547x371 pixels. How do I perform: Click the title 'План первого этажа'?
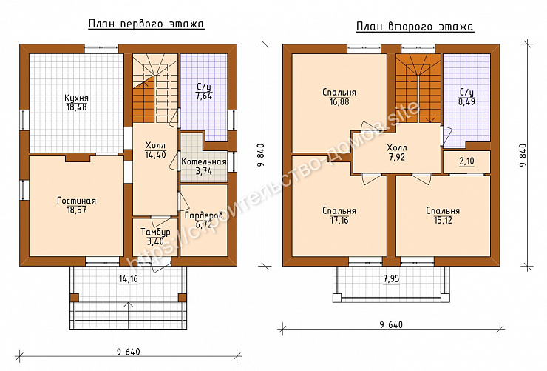point(146,24)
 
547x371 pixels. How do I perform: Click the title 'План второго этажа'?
point(415,27)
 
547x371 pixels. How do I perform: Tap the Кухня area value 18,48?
point(76,107)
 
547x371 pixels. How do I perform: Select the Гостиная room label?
point(76,201)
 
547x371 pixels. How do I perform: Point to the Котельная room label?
point(204,161)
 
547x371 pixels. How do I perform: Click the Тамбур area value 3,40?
point(155,241)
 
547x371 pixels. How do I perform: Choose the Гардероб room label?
point(204,215)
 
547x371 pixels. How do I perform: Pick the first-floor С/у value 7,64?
point(204,96)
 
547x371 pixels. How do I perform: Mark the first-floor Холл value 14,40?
point(155,155)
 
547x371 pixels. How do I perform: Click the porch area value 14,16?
point(129,278)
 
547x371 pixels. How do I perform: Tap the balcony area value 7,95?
point(391,278)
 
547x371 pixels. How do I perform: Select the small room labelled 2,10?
point(466,161)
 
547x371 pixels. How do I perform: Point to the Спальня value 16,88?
point(339,102)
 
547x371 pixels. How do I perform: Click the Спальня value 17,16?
point(339,221)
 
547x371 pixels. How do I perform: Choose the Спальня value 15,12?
point(443,221)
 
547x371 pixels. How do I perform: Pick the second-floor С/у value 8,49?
point(466,101)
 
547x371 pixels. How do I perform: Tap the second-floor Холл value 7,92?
point(397,157)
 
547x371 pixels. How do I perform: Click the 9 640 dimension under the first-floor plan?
point(129,352)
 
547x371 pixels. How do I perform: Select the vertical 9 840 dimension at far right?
point(522,155)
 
